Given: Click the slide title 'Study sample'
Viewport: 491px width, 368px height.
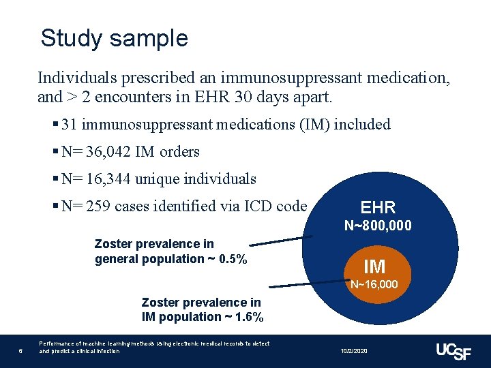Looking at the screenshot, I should (114, 38).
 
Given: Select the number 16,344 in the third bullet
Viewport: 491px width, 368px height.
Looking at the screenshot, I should (108, 179).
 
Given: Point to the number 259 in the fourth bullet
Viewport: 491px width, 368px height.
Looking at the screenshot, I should (100, 206).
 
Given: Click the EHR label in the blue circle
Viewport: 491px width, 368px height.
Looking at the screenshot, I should (378, 208).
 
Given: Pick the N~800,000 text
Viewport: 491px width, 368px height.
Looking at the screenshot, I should (378, 226).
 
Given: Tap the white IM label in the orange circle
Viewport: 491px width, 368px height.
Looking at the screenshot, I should (374, 266).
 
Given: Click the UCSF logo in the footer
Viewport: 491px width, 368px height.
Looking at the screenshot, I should (453, 350).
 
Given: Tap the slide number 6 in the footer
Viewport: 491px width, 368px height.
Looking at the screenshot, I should (21, 351).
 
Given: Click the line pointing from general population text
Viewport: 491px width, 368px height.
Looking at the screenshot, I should (281, 240).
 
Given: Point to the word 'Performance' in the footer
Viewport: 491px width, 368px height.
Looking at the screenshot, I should (54, 344).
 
